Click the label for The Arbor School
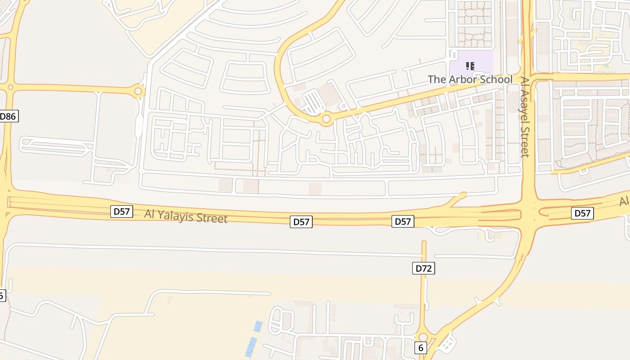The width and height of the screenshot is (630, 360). (x=470, y=80)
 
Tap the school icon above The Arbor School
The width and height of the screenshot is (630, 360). (x=470, y=67)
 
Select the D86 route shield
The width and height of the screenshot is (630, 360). (x=8, y=117)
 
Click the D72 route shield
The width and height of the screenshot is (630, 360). (x=423, y=269)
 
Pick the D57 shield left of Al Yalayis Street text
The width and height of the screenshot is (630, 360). (x=121, y=211)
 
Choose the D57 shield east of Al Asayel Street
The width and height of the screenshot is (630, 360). (x=582, y=213)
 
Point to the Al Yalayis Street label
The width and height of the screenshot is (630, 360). (x=186, y=216)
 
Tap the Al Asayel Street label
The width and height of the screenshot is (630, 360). (x=525, y=117)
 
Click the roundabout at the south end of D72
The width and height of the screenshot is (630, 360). (x=423, y=337)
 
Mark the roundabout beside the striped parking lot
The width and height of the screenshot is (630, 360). (x=326, y=119)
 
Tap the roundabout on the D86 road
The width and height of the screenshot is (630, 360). (x=10, y=87)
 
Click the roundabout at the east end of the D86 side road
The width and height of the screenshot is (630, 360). (x=138, y=92)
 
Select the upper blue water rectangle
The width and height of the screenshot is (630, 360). (x=257, y=326)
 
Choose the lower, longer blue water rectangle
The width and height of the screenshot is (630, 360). (x=251, y=347)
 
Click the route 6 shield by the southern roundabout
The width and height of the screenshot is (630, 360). (x=421, y=348)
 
